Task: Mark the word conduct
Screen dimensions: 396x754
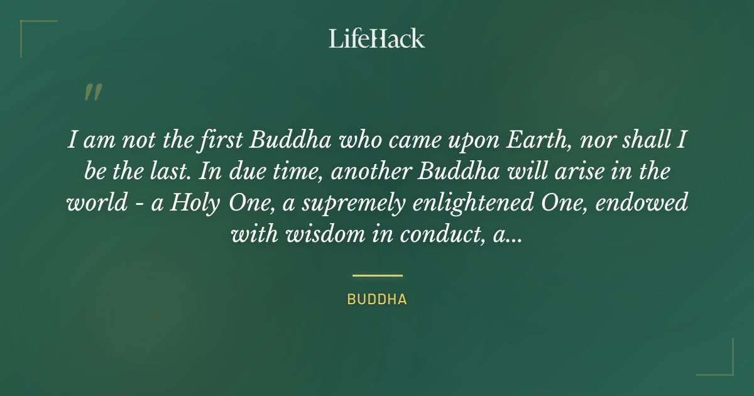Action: (x=433, y=234)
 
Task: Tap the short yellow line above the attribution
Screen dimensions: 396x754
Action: (x=377, y=275)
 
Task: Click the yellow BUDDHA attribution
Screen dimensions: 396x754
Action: (x=377, y=300)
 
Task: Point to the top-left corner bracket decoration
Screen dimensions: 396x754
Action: (x=31, y=31)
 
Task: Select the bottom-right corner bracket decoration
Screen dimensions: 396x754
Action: (x=723, y=365)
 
